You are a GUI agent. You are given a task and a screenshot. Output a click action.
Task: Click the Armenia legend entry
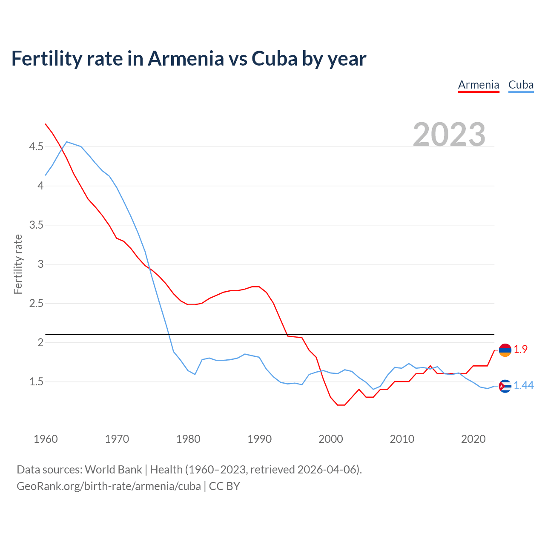479,85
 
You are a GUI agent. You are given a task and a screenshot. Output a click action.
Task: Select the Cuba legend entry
521,85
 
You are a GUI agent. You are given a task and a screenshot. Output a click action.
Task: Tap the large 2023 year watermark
449,135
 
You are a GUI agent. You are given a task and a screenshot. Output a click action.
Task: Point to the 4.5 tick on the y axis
36,147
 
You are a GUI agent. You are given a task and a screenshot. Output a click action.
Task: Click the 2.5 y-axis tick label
36,304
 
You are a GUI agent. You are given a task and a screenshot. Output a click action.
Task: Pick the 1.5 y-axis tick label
36,382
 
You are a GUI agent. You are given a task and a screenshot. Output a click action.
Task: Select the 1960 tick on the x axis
46,439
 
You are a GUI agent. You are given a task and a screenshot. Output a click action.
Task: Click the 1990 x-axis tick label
259,439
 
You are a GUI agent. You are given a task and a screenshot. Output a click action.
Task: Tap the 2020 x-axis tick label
473,439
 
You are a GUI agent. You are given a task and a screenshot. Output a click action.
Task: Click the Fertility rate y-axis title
18,264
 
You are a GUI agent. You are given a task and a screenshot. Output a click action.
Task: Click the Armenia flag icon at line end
505,350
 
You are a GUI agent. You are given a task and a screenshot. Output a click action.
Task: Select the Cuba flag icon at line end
505,386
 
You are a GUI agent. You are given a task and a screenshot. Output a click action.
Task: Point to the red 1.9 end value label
520,349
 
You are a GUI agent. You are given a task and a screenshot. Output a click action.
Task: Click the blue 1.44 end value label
523,385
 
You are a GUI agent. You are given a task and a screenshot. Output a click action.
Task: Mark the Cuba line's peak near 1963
67,142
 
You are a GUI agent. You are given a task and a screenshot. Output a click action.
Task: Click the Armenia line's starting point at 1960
46,124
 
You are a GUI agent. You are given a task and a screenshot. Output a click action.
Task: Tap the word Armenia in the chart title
186,58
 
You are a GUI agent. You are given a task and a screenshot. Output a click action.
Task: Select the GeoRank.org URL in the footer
109,486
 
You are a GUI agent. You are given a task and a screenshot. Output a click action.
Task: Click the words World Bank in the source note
113,470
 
